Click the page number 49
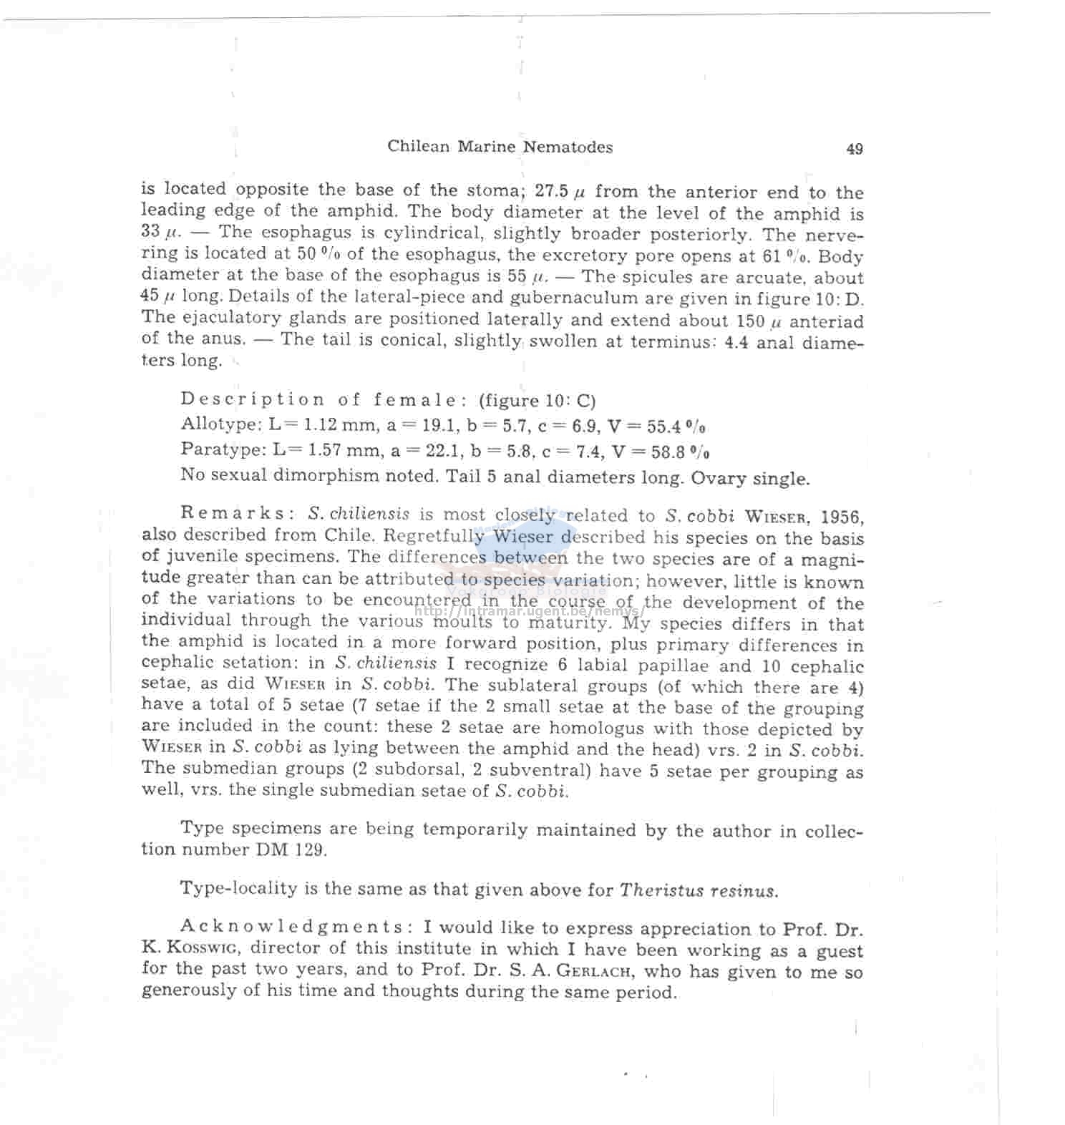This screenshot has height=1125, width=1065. pyautogui.click(x=854, y=149)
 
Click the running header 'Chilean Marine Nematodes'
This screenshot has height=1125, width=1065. pyautogui.click(x=500, y=147)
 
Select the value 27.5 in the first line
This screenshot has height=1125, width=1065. pyautogui.click(x=551, y=191)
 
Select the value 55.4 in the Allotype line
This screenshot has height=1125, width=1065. pyautogui.click(x=666, y=427)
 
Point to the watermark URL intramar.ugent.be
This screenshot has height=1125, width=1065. pyautogui.click(x=530, y=611)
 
